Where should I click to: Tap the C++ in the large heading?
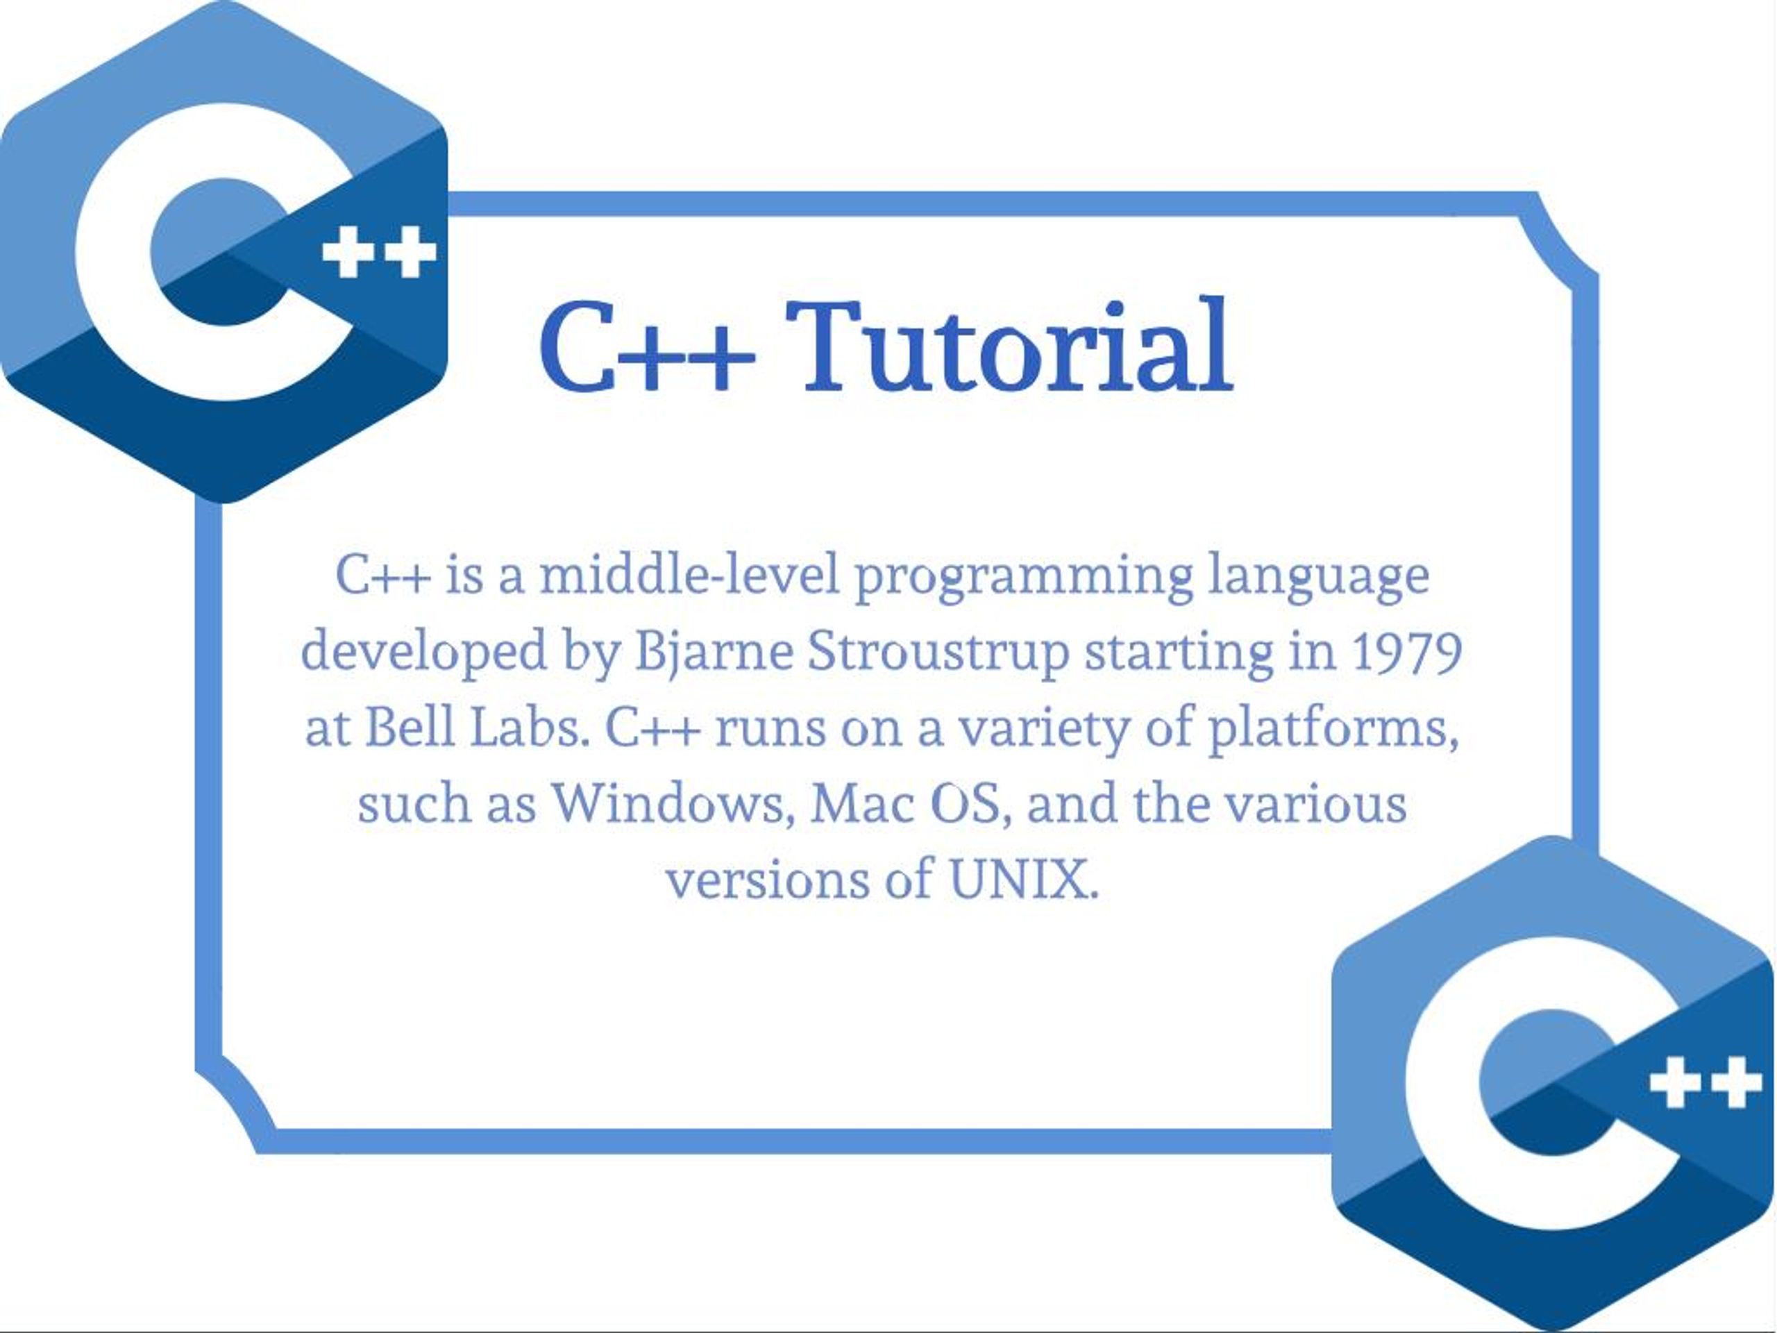click(x=648, y=347)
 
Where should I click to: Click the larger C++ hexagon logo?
click(x=224, y=251)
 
